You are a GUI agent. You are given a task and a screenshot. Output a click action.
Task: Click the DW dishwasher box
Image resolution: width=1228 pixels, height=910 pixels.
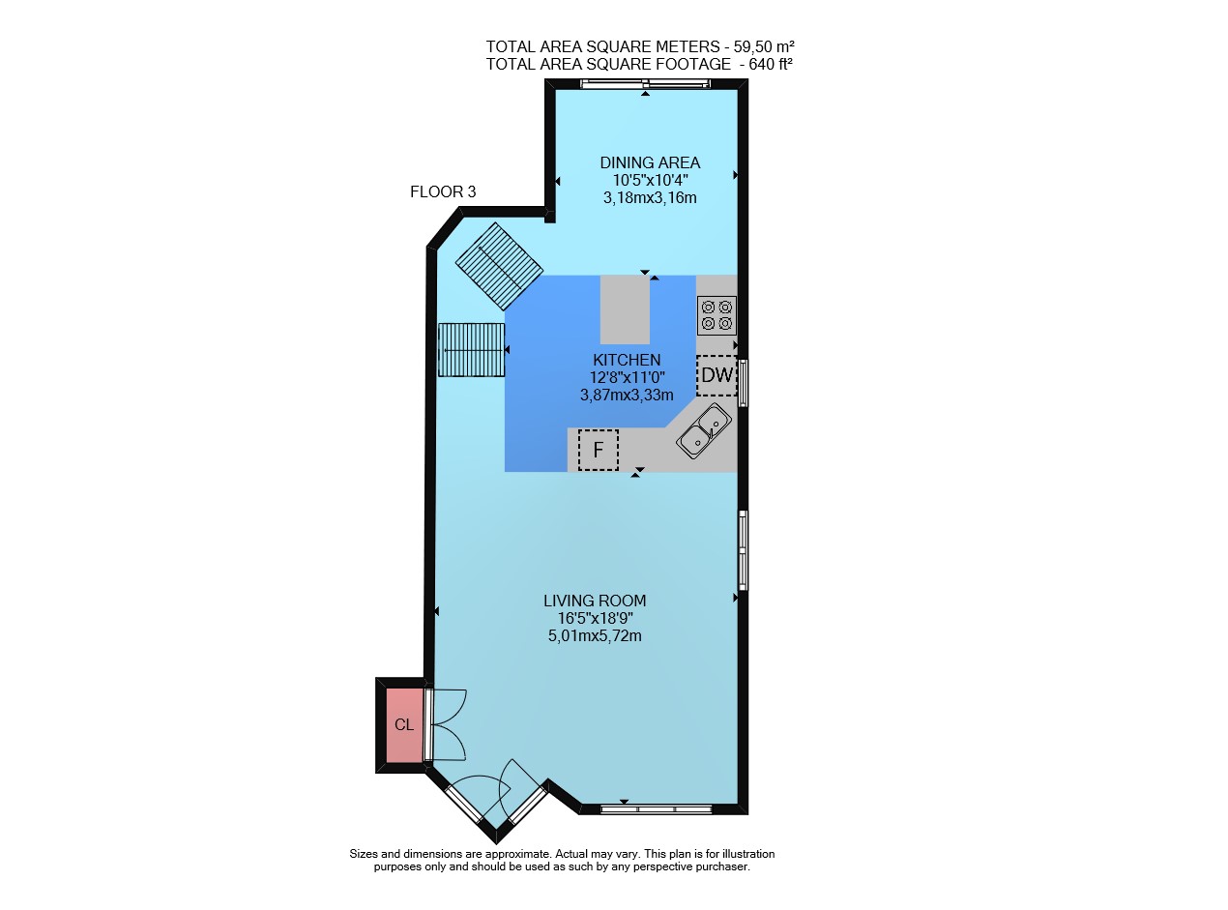(x=716, y=375)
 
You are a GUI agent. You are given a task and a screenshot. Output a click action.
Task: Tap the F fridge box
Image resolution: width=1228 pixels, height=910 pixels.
(x=598, y=450)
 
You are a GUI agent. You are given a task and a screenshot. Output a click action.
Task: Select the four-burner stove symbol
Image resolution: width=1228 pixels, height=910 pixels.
(x=716, y=315)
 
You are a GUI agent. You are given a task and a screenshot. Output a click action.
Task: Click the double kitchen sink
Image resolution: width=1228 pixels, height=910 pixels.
(x=704, y=431)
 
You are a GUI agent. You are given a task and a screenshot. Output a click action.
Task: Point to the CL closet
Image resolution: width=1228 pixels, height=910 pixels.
(x=404, y=724)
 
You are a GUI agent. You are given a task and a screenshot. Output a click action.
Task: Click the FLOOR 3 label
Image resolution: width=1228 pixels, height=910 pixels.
(x=443, y=191)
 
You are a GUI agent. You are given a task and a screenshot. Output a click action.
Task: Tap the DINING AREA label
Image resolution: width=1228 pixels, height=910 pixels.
(x=650, y=162)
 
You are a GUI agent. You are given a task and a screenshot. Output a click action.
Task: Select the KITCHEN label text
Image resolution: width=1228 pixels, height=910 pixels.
(x=627, y=360)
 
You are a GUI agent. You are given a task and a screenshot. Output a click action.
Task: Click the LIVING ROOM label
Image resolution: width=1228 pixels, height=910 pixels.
(x=595, y=601)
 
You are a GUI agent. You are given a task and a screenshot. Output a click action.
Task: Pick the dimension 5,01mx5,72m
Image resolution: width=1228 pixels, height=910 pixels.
(x=595, y=635)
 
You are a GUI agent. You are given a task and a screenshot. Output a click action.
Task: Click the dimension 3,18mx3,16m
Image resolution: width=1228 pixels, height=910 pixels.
(x=650, y=197)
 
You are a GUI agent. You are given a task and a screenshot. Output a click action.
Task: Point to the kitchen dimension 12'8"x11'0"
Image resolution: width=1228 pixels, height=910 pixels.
(x=627, y=377)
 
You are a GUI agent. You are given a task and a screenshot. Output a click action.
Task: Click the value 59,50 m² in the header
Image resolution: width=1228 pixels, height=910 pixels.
(x=764, y=46)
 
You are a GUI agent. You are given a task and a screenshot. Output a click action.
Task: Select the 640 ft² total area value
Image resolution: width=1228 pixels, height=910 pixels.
(x=770, y=64)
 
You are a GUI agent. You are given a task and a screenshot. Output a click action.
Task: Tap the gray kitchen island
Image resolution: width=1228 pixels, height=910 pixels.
(x=625, y=309)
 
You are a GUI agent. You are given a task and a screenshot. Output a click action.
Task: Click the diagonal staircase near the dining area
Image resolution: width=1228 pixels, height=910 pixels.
(x=499, y=266)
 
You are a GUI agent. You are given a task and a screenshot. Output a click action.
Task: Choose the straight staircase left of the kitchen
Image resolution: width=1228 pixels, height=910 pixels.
(x=471, y=350)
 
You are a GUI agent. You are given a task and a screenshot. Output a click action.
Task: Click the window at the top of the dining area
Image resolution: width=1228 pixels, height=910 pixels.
(x=645, y=83)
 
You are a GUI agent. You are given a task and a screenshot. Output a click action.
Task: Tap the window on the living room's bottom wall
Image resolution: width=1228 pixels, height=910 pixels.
(x=657, y=809)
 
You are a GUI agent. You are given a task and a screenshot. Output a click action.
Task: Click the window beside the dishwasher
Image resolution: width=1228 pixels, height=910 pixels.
(x=744, y=383)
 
